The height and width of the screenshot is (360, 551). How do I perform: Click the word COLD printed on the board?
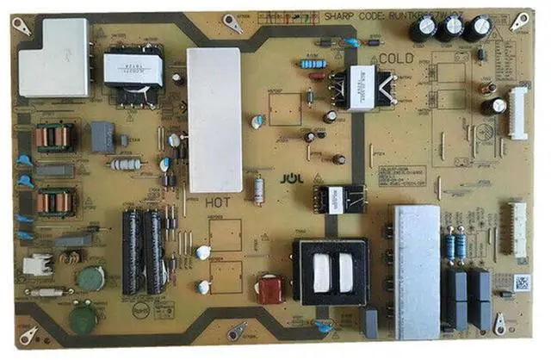pyautogui.click(x=396, y=58)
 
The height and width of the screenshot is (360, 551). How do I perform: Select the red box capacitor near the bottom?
pyautogui.click(x=270, y=289)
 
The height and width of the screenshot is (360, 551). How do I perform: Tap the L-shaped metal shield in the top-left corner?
pyautogui.click(x=54, y=58)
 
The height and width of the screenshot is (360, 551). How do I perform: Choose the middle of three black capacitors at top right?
pyautogui.click(x=450, y=28)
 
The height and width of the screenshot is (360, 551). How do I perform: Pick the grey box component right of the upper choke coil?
pyautogui.click(x=102, y=136)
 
